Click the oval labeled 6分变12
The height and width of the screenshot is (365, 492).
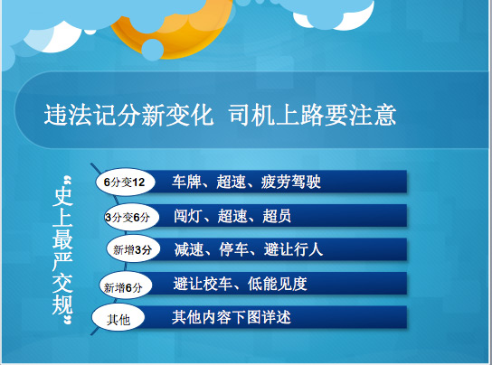[125, 182]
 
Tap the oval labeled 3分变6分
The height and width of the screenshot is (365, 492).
[132, 217]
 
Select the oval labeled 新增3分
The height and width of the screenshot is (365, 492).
[133, 249]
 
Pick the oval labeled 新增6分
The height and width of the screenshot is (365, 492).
[125, 286]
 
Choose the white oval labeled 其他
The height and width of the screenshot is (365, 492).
[118, 318]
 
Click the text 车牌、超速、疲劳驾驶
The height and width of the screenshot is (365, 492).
[246, 182]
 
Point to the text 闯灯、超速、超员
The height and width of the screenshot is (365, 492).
[232, 216]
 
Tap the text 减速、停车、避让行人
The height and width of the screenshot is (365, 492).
[249, 250]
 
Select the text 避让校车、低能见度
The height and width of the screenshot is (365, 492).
[240, 284]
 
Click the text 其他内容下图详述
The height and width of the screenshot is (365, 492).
[232, 317]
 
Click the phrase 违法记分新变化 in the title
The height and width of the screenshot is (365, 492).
[128, 115]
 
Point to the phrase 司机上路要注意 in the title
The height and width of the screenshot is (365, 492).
[313, 115]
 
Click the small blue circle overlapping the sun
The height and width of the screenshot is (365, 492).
[153, 49]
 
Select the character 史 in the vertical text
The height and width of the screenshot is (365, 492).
[62, 196]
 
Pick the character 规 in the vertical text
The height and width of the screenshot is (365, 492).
[62, 304]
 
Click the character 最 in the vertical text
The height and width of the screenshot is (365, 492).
[62, 239]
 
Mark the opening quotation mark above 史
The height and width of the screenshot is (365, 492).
[68, 181]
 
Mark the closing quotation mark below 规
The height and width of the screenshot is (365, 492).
[68, 321]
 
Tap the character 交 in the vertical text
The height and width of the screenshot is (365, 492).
[62, 283]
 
